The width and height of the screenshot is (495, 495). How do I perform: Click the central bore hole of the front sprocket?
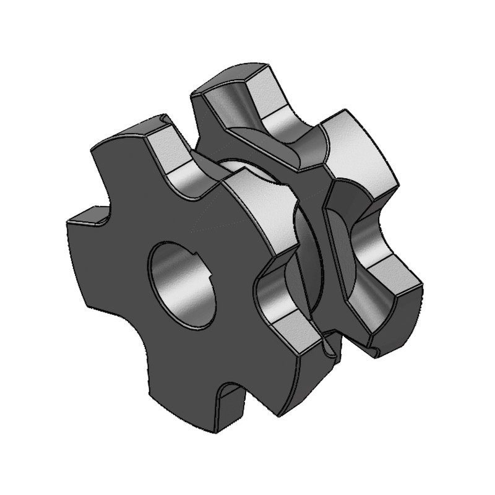tap(181, 282)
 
